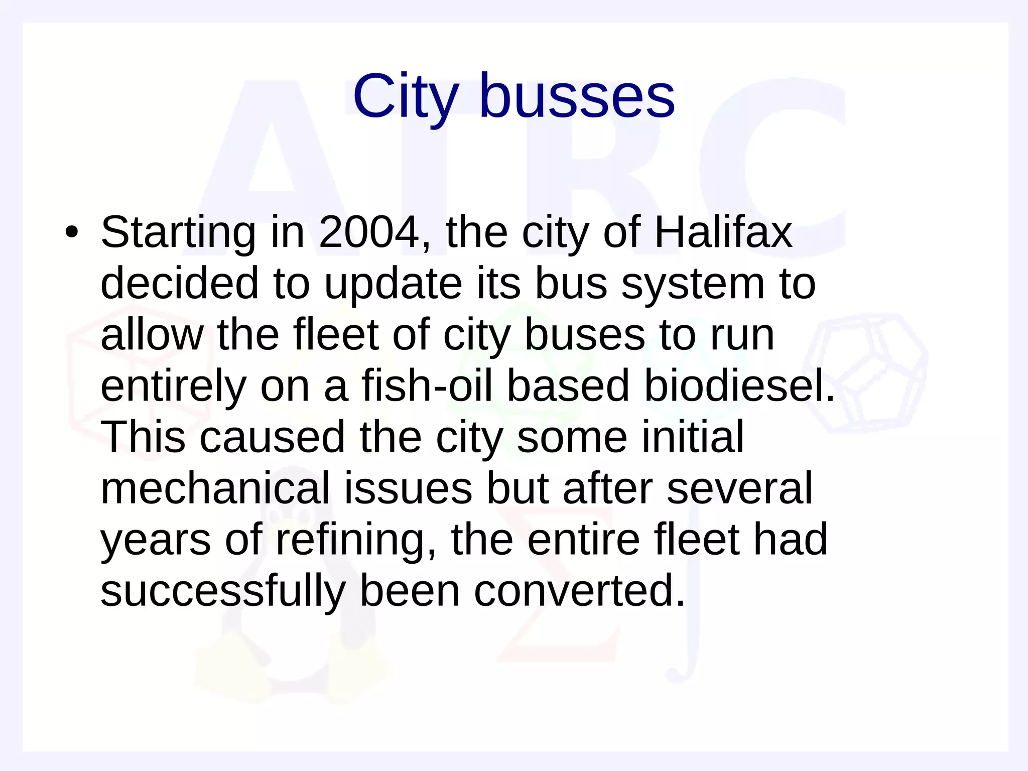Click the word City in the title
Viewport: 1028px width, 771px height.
406,96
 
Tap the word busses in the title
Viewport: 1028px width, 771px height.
577,96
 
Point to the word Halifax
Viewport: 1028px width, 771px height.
723,232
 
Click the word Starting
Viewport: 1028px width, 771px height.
178,232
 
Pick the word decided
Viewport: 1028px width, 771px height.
180,284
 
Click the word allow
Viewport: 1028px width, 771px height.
152,335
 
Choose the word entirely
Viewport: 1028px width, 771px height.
173,387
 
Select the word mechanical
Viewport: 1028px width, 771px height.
215,488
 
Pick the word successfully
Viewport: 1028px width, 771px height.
223,592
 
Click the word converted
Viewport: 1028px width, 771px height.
580,591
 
